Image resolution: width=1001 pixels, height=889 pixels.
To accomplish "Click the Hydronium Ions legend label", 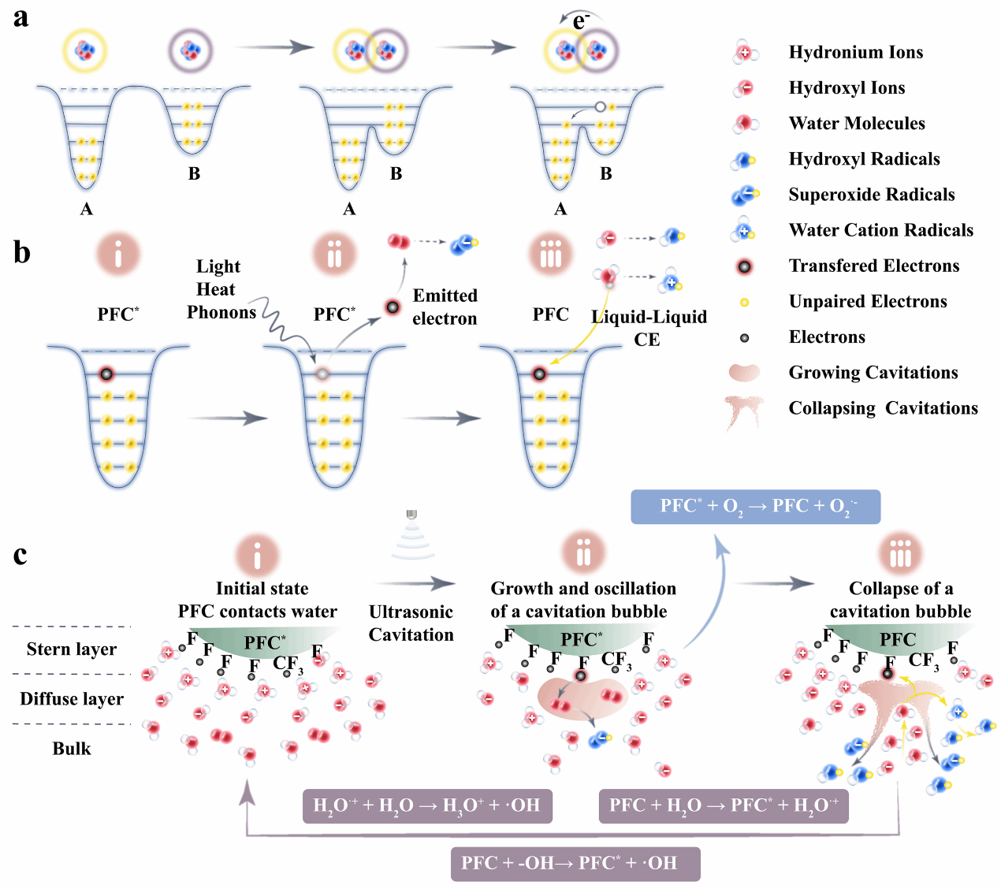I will pos(856,53).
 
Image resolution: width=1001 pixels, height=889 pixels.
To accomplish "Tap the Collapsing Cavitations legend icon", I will pos(744,411).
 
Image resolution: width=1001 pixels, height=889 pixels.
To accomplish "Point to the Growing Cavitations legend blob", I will pos(744,373).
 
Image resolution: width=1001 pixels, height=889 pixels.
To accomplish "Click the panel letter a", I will pos(21,17).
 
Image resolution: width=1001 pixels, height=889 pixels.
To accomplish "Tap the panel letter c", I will pos(20,555).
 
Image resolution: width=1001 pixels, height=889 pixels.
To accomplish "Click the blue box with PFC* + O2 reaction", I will pos(755,507).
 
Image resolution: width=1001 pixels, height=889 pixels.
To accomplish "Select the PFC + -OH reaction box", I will pos(575,864).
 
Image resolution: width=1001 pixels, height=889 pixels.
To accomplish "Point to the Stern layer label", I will pos(72,649).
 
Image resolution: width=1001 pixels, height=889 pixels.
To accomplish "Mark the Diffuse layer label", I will pos(72,699).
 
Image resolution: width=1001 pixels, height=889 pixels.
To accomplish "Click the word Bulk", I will pos(72,749).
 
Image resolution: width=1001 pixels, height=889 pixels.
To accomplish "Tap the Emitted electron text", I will pos(445,307).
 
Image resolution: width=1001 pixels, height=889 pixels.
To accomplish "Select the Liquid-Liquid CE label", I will pos(649,328).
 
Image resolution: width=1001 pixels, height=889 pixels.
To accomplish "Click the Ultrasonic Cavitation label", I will pos(411,623).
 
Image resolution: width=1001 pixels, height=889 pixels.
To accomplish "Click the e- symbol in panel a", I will pos(581,21).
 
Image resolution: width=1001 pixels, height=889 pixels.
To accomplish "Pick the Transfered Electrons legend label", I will pos(874,266).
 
